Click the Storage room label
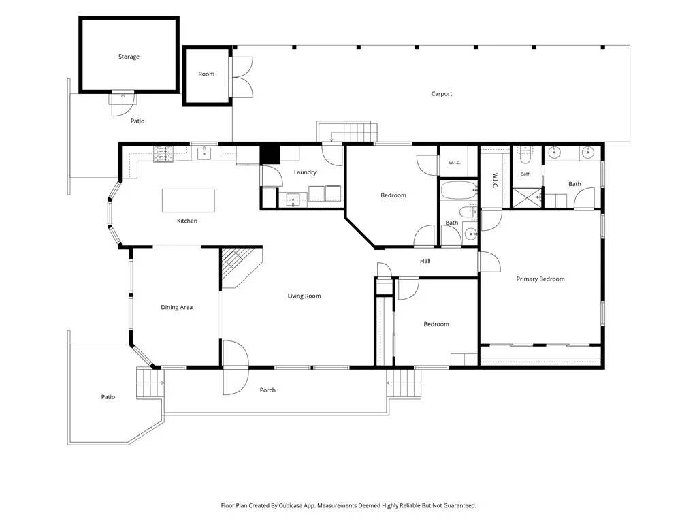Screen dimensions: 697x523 pos(129,57)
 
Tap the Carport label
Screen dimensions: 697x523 pos(441,94)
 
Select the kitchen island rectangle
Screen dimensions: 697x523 pos(188,201)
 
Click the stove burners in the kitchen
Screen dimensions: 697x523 pos(163,154)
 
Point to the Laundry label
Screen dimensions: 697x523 pos(305,172)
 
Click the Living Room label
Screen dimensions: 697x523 pos(304,296)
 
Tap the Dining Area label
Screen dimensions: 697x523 pos(176,307)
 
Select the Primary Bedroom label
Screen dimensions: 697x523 pos(540,279)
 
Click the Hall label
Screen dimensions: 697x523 pos(425,261)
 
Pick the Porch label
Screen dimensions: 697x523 pos(268,390)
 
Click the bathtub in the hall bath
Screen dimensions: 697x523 pos(458,190)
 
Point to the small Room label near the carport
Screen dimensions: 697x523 pos(206,74)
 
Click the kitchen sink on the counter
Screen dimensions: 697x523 pos(204,153)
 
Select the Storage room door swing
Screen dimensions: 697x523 pos(123,104)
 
